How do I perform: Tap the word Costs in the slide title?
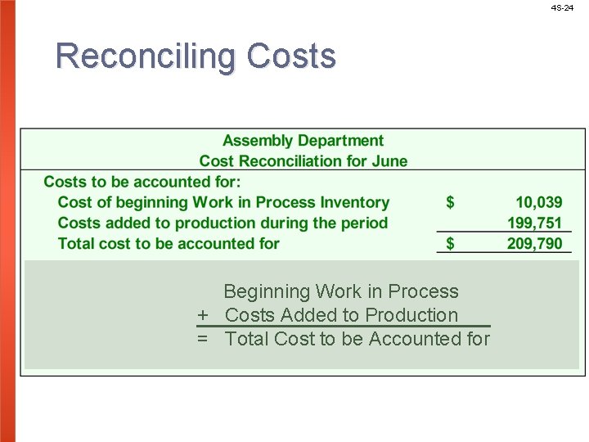(291, 56)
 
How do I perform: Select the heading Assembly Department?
(303, 141)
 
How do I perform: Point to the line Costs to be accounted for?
(142, 182)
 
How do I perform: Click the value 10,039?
(538, 202)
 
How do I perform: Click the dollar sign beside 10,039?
(450, 202)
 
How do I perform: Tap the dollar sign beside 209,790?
(450, 243)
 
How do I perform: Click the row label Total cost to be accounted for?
(169, 243)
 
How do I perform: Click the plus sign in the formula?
(202, 315)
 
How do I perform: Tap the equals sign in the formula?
(202, 339)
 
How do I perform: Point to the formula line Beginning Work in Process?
(340, 291)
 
